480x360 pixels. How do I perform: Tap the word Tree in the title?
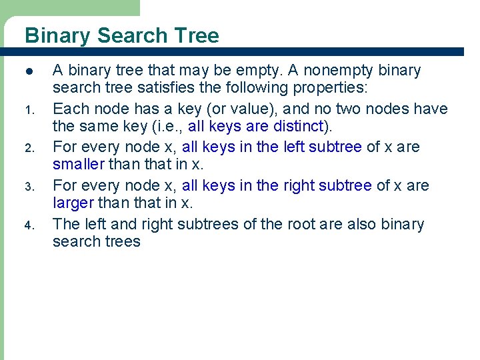click(198, 35)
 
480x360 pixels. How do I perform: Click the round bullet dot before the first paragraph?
click(29, 71)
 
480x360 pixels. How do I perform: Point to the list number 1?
click(29, 109)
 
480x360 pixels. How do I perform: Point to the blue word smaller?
click(78, 164)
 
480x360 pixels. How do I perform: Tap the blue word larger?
click(73, 203)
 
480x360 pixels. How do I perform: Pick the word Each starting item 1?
click(68, 109)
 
